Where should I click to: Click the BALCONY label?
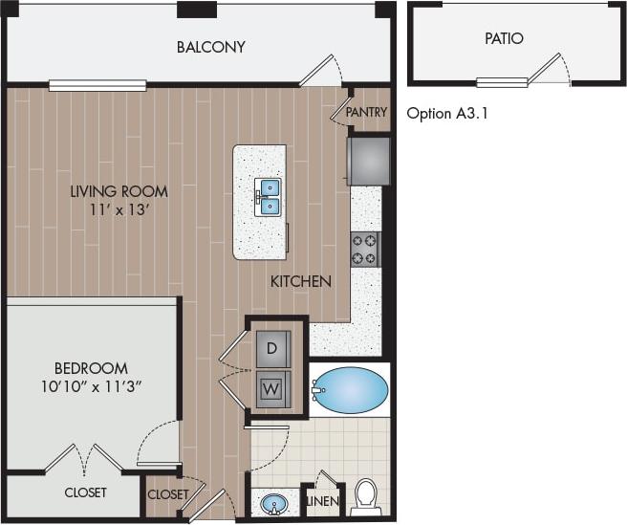coord(211,46)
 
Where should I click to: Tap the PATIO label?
coord(503,39)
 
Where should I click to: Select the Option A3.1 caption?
coord(448,113)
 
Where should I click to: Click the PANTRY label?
coord(366,112)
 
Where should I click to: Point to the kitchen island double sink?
coord(270,196)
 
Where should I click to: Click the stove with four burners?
coord(364,248)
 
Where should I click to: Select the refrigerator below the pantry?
coord(368,161)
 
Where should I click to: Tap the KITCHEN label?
coord(301,281)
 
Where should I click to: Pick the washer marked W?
coord(271,389)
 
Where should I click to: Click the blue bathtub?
coord(351,389)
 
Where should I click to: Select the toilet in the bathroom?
coord(365,497)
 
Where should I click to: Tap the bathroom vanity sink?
coord(274,503)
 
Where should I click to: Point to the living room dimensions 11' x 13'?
coord(119,208)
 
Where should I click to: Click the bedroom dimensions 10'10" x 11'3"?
coord(91,386)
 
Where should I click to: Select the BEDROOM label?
coord(91,368)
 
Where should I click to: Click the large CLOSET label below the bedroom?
coord(86,492)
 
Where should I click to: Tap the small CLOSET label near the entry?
coord(168,494)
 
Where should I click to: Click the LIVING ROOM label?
coord(119,190)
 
